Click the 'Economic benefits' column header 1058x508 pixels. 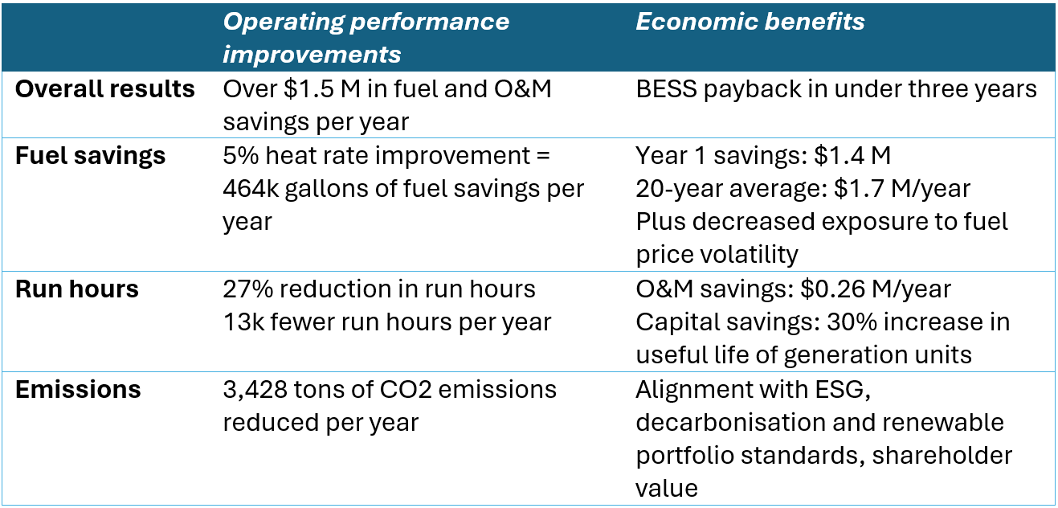pyautogui.click(x=750, y=22)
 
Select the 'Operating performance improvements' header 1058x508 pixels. pyautogui.click(x=366, y=38)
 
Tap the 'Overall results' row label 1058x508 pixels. pyautogui.click(x=105, y=89)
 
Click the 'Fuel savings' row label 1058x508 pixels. pyautogui.click(x=90, y=155)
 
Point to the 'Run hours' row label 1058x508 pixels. pyautogui.click(x=77, y=289)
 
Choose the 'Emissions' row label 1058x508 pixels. pyautogui.click(x=78, y=389)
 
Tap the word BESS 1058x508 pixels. pyautogui.click(x=666, y=89)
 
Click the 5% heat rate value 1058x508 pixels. pyautogui.click(x=241, y=155)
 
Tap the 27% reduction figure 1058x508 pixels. pyautogui.click(x=248, y=289)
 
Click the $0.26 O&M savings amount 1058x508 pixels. pyautogui.click(x=832, y=289)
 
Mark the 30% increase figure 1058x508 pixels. pyautogui.click(x=852, y=322)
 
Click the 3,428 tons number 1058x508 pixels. pyautogui.click(x=255, y=390)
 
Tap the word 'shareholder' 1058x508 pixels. pyautogui.click(x=942, y=456)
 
